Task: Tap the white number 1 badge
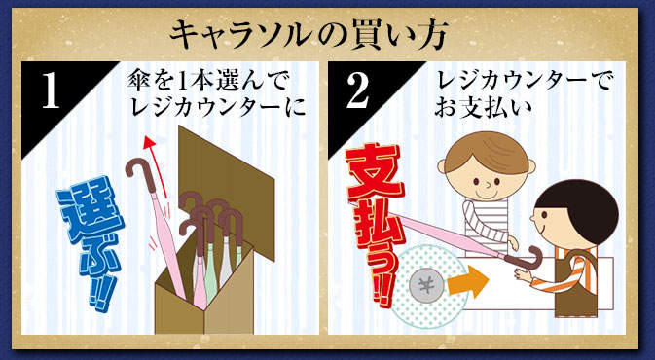[x=51, y=94]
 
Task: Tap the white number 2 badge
[x=358, y=94]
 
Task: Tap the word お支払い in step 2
[x=483, y=109]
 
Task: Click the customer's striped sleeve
[x=485, y=225]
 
